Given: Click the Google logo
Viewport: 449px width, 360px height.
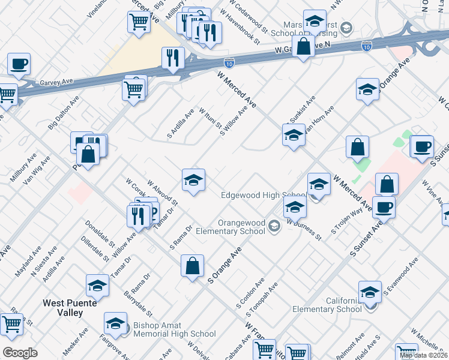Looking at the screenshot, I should click(x=20, y=353).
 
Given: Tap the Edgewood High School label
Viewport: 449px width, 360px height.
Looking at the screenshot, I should click(x=264, y=196).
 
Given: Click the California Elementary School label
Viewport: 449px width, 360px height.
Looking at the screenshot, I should click(x=327, y=305).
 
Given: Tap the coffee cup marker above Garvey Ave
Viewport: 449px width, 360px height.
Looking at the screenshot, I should click(x=19, y=64).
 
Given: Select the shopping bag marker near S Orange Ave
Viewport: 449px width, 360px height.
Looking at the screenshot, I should click(x=192, y=266).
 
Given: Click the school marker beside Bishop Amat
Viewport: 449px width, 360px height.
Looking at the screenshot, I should click(x=115, y=324).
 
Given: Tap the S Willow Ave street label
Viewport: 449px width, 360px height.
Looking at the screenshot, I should click(x=234, y=122).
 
